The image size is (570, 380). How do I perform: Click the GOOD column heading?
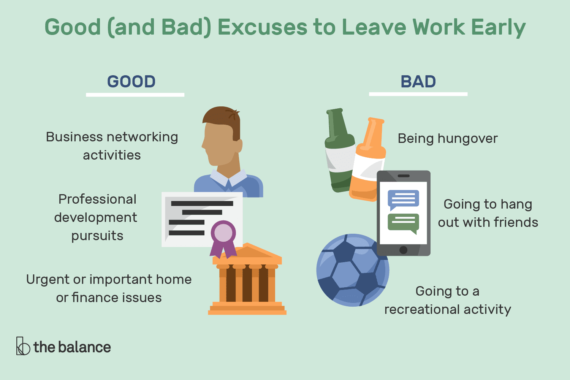tap(131, 82)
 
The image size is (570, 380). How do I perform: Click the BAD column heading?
tap(418, 82)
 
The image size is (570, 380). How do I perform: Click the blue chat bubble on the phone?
tap(403, 199)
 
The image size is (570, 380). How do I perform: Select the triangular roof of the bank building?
tap(247, 252)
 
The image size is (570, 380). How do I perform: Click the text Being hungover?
tap(447, 139)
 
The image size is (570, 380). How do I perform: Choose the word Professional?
tap(97, 199)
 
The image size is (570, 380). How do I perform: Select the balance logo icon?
tap(23, 346)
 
